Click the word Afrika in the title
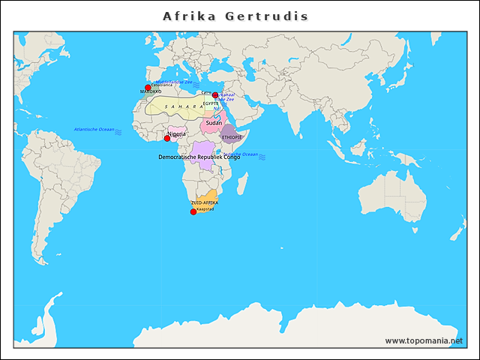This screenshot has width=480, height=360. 187,16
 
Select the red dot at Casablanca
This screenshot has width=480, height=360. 148,88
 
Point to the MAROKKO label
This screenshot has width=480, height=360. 151,92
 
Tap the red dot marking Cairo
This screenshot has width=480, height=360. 215,95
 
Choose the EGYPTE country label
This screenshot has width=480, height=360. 211,103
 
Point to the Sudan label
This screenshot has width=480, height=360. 214,122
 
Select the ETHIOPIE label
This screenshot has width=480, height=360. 232,138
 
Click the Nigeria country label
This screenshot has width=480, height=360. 177,134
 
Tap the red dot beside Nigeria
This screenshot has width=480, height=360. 167,138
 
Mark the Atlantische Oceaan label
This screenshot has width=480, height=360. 94,130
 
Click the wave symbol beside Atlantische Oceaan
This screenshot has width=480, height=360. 118,131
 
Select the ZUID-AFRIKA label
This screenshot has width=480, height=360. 205,203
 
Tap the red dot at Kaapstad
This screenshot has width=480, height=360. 193,211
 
